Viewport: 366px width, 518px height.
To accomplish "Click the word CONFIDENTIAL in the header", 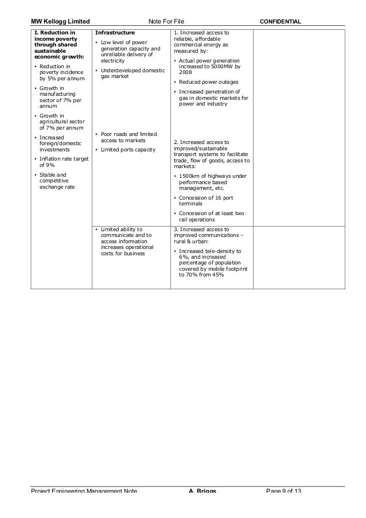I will [x=281, y=21].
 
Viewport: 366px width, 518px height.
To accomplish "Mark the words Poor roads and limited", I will [x=129, y=134].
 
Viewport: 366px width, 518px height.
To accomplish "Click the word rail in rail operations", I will [x=184, y=219].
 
